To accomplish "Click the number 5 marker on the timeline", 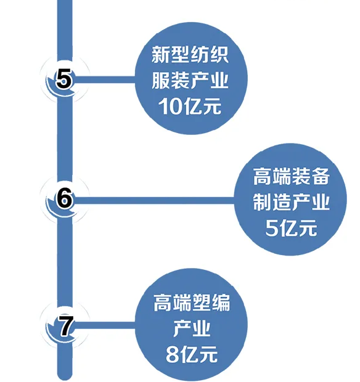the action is click(x=64, y=79).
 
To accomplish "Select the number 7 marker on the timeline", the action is click(x=64, y=325).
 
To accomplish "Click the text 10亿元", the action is click(x=190, y=107).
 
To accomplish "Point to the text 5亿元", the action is click(x=291, y=227).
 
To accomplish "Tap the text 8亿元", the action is click(x=192, y=354).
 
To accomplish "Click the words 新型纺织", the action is click(x=190, y=55).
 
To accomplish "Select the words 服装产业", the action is click(x=190, y=80).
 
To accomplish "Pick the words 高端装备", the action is click(x=291, y=176).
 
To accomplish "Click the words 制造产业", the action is click(x=291, y=201).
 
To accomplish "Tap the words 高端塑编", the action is click(x=192, y=303).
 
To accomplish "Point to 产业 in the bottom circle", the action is click(x=192, y=328).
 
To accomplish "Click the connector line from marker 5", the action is click(x=105, y=79).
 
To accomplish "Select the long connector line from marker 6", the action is click(x=154, y=200).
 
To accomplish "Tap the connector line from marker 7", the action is click(x=105, y=325).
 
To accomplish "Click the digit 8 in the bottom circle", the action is click(x=173, y=354).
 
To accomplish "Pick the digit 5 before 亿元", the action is click(x=271, y=228).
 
